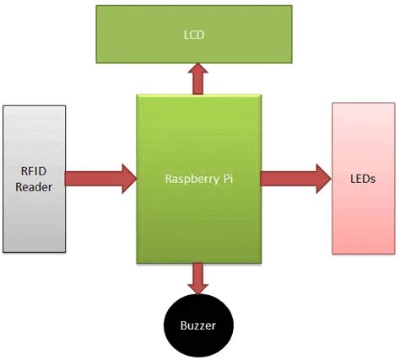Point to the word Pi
tap(225, 179)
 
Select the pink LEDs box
tap(363, 178)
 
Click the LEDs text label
tap(363, 179)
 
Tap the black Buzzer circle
tap(199, 323)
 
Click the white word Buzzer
tap(199, 324)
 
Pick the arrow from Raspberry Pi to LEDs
tap(295, 178)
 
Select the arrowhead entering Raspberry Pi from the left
tap(127, 178)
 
